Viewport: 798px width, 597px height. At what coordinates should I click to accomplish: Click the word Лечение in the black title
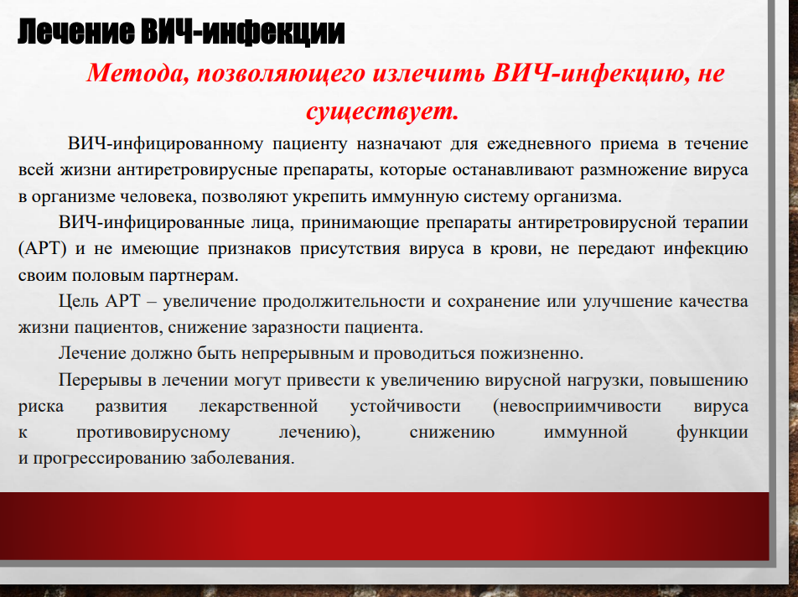76,33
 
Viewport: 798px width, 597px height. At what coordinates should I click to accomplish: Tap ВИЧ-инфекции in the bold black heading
243,33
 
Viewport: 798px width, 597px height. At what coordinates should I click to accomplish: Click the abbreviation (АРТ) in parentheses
43,249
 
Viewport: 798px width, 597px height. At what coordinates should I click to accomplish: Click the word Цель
79,301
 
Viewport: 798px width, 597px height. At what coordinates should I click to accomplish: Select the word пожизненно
531,354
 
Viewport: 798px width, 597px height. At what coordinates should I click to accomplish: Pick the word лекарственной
258,406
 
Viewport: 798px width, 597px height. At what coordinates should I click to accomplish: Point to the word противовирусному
153,433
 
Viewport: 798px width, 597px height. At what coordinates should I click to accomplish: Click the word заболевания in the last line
242,459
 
